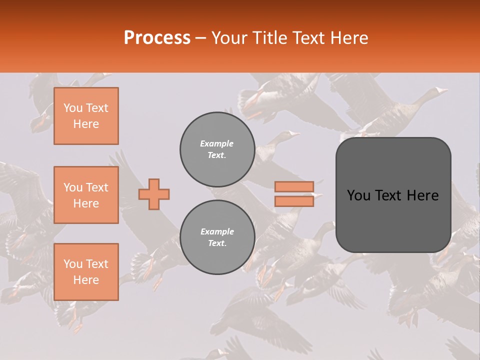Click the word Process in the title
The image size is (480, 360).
[157, 38]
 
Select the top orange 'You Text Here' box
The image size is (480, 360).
[86, 116]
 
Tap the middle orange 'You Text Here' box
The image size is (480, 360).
[86, 195]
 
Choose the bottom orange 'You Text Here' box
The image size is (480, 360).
[86, 272]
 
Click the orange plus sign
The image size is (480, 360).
[154, 194]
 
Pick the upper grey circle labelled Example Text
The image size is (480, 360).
[217, 149]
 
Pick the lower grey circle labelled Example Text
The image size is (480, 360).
[217, 237]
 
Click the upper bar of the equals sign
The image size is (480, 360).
[294, 186]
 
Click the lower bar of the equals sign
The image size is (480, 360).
[294, 201]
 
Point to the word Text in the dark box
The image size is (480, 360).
[393, 195]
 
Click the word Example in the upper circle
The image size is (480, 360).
[217, 143]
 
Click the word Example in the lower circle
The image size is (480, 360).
[217, 231]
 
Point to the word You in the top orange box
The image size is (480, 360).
[73, 108]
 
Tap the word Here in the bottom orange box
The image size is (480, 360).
[86, 280]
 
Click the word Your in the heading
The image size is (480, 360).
[229, 38]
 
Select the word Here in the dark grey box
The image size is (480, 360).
[423, 195]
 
